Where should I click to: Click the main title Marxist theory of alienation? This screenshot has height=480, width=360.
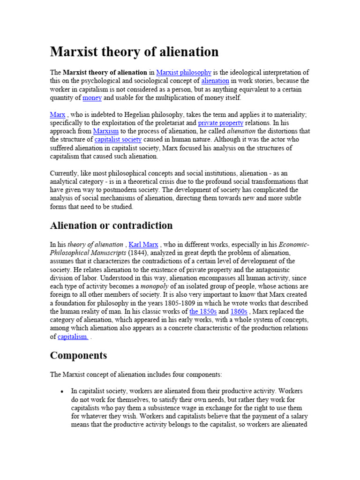click(x=134, y=52)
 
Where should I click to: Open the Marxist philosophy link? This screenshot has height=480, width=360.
click(x=183, y=73)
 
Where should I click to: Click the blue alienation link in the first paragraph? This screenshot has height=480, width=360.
click(x=215, y=81)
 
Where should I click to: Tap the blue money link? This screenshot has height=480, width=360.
click(x=92, y=98)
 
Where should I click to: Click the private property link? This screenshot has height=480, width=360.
click(x=220, y=123)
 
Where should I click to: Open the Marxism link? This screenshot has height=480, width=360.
click(x=106, y=132)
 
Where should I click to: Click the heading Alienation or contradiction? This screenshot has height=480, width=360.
click(x=111, y=225)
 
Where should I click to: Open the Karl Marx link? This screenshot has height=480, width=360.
click(x=143, y=245)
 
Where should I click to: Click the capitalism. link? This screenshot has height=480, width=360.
click(x=73, y=337)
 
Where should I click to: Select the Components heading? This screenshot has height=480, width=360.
click(x=78, y=356)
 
